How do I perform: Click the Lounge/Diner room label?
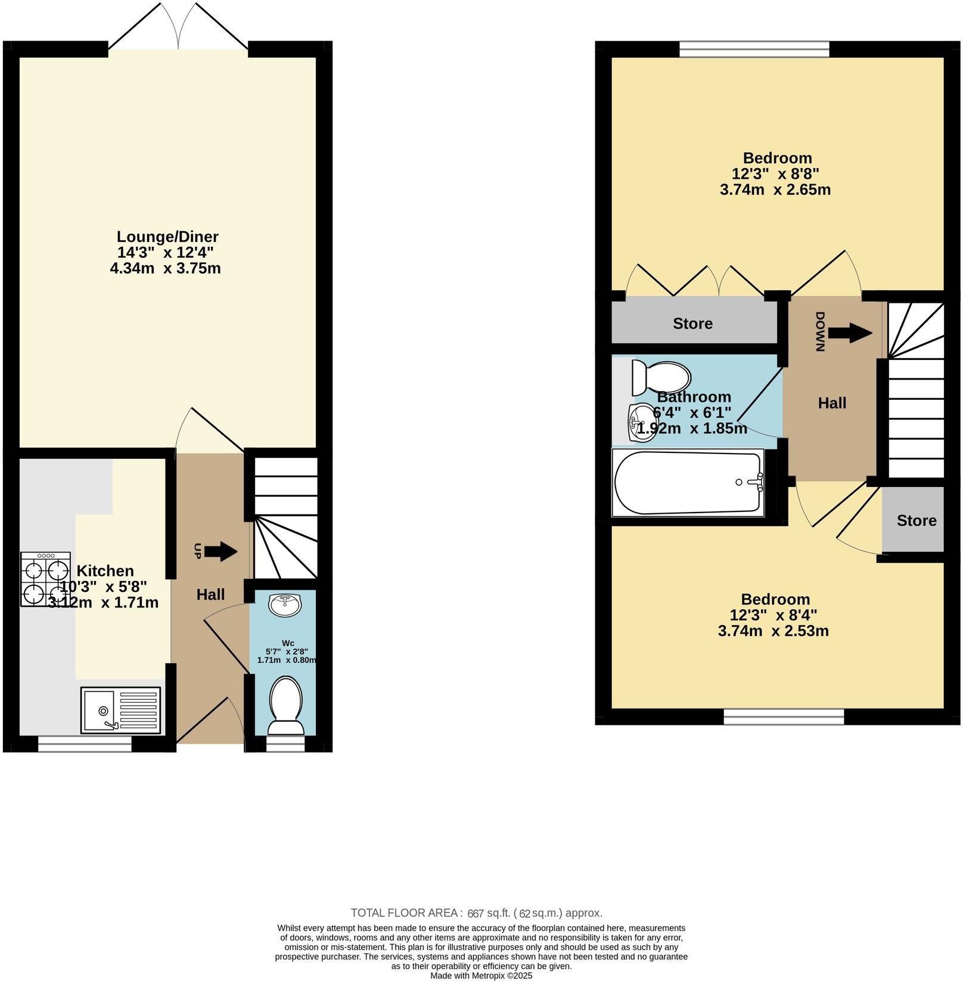click(x=167, y=237)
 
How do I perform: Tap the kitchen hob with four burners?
click(x=45, y=579)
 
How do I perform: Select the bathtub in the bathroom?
click(x=689, y=482)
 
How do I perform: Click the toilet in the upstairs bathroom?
click(x=660, y=377)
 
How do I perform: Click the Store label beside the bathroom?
click(x=692, y=324)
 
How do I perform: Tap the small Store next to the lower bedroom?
click(x=916, y=520)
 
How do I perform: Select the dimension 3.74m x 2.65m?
click(x=775, y=190)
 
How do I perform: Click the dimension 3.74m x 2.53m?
click(x=773, y=631)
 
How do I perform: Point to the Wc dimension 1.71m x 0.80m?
click(x=286, y=660)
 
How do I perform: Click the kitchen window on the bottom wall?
click(x=85, y=744)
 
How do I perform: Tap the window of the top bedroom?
click(x=754, y=49)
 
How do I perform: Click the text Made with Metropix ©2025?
click(x=481, y=976)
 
